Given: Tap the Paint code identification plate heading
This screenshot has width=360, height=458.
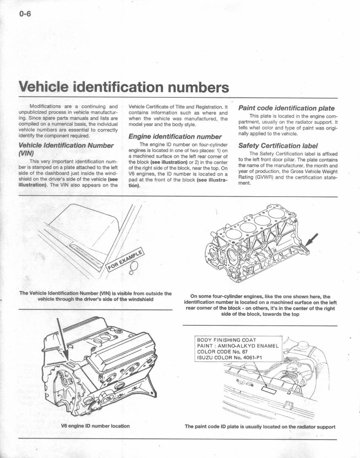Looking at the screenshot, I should [x=286, y=108].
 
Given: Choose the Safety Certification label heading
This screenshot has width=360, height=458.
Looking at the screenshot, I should [x=278, y=145].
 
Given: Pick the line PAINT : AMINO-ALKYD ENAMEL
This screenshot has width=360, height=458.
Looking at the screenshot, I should [x=239, y=346].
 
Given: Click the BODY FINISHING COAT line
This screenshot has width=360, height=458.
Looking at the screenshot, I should [x=227, y=340].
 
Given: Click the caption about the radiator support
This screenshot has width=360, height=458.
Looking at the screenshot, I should [x=260, y=427].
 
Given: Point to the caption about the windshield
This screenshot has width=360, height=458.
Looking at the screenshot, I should [x=95, y=296].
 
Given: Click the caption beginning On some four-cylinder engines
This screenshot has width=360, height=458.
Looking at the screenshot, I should [x=260, y=305].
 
